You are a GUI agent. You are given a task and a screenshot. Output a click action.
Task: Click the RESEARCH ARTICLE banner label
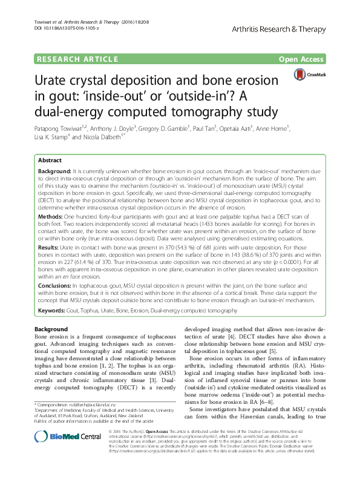point(77,59)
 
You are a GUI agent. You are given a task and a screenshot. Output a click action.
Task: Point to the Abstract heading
point(50,160)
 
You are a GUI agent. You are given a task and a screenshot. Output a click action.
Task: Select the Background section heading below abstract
point(51,329)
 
